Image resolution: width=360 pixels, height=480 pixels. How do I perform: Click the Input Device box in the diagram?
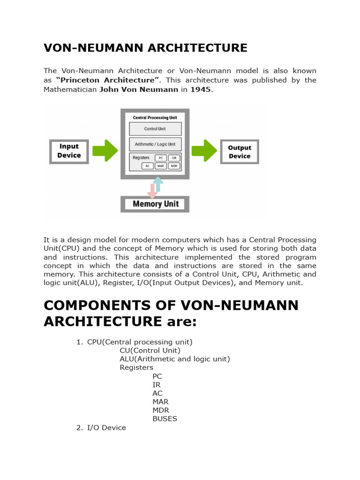coord(69,151)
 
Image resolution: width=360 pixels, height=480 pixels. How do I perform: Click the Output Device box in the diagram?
coord(240,152)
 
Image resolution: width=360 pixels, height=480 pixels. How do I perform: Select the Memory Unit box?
coord(155,204)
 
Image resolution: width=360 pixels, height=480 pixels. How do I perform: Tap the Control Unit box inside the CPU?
coord(155,129)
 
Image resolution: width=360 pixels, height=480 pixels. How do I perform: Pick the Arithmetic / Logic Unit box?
coord(155,144)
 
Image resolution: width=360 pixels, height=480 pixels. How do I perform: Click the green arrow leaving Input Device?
coord(105,150)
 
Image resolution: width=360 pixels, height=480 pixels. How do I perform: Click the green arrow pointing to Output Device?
coord(204,150)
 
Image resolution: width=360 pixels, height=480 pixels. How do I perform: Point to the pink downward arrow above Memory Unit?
coord(152,190)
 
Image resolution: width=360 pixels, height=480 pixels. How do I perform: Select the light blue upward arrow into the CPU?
coord(158,184)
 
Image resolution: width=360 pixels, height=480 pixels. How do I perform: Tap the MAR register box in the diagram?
coord(160,166)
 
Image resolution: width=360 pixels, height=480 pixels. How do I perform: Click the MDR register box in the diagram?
coord(174,166)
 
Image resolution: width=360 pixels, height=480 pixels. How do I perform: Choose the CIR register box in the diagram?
coord(174,158)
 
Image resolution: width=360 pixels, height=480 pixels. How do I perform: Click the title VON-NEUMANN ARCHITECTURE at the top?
coord(145,48)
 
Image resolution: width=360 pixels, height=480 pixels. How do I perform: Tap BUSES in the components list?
coord(165,419)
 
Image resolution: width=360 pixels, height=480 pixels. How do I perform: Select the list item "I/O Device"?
coord(106,427)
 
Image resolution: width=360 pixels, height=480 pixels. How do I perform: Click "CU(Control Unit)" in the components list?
coord(150,350)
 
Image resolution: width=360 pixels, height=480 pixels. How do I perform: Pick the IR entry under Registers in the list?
coord(156,384)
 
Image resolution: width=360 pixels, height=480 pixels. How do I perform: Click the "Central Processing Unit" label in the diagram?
coord(155,118)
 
